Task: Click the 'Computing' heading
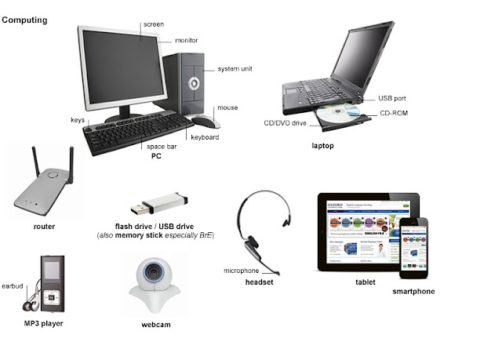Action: pyautogui.click(x=24, y=20)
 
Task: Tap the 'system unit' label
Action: pyautogui.click(x=235, y=69)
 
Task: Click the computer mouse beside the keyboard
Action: pyautogui.click(x=206, y=121)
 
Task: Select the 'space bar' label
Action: pyautogui.click(x=160, y=146)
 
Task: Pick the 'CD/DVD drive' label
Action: pyautogui.click(x=284, y=122)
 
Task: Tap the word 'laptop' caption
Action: pyautogui.click(x=322, y=146)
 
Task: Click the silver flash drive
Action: pyautogui.click(x=161, y=204)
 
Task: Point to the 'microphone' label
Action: pyautogui.click(x=242, y=271)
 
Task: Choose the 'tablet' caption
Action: pyautogui.click(x=365, y=282)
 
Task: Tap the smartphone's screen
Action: pyautogui.click(x=414, y=248)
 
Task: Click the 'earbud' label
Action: pyautogui.click(x=13, y=286)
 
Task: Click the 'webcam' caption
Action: pyautogui.click(x=156, y=325)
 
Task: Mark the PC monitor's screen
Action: pyautogui.click(x=124, y=71)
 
